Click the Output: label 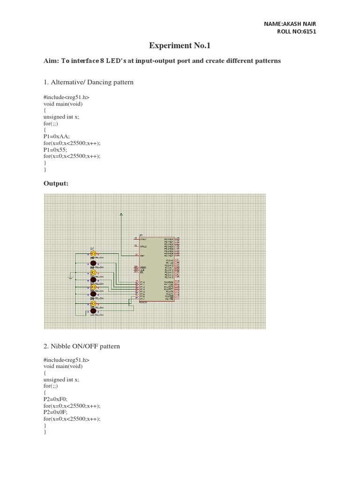[56, 183]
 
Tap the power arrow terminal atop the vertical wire [121, 215]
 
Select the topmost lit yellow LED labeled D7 [93, 254]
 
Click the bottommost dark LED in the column [93, 311]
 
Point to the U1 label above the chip [141, 234]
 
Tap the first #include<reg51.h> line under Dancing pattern [66, 97]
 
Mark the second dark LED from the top [93, 279]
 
